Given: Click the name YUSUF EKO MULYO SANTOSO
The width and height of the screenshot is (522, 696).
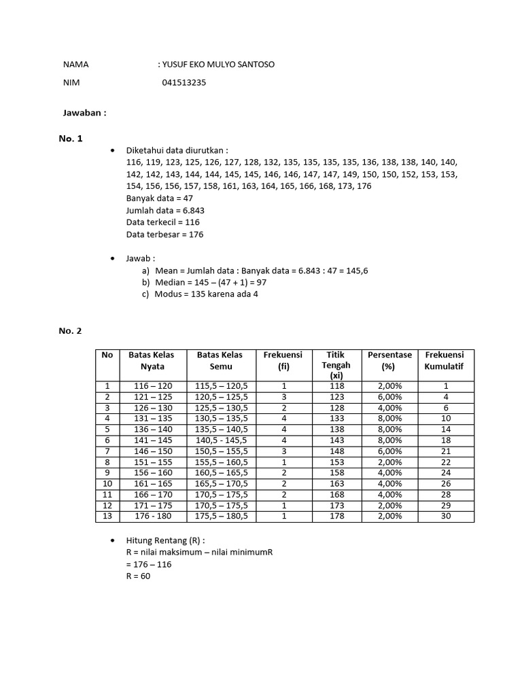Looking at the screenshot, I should click(x=219, y=65).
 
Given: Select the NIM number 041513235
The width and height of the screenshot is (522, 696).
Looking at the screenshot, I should click(x=184, y=83).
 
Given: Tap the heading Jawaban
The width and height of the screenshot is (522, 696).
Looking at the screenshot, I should click(x=85, y=113).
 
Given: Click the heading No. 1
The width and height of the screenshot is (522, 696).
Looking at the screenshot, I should click(x=70, y=139).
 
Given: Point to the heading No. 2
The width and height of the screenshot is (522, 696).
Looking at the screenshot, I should click(x=70, y=331).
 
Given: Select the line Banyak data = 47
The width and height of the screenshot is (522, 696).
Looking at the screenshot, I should click(x=160, y=198).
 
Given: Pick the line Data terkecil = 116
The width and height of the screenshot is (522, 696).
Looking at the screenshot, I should click(x=163, y=222).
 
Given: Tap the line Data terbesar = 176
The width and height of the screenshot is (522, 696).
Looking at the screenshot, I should click(x=164, y=234).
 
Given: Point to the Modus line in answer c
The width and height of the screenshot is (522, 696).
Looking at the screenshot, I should click(x=207, y=294).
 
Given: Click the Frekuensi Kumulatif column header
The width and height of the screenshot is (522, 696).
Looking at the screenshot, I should click(x=445, y=360).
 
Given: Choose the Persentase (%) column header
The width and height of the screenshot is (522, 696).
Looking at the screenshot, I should click(x=389, y=360).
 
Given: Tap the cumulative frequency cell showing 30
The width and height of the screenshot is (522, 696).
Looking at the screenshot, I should click(x=445, y=517).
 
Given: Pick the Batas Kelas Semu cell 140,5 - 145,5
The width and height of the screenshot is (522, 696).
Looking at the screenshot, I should click(x=221, y=440).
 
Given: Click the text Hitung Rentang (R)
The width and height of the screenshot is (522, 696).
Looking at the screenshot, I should click(x=165, y=540).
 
